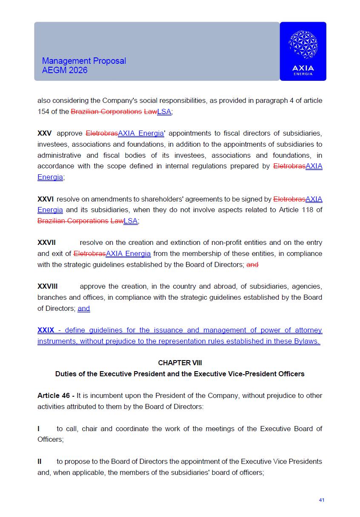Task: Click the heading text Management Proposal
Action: [84, 61]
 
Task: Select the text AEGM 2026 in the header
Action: [65, 70]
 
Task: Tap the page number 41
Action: [321, 500]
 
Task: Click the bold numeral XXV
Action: [45, 133]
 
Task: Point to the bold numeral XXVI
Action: [46, 199]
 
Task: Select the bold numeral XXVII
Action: [46, 243]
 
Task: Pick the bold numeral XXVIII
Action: [48, 287]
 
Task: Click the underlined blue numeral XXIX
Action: [46, 330]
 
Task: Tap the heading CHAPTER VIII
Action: [180, 363]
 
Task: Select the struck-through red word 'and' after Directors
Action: [253, 264]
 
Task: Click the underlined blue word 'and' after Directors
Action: [84, 308]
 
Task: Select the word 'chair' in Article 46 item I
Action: [89, 429]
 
